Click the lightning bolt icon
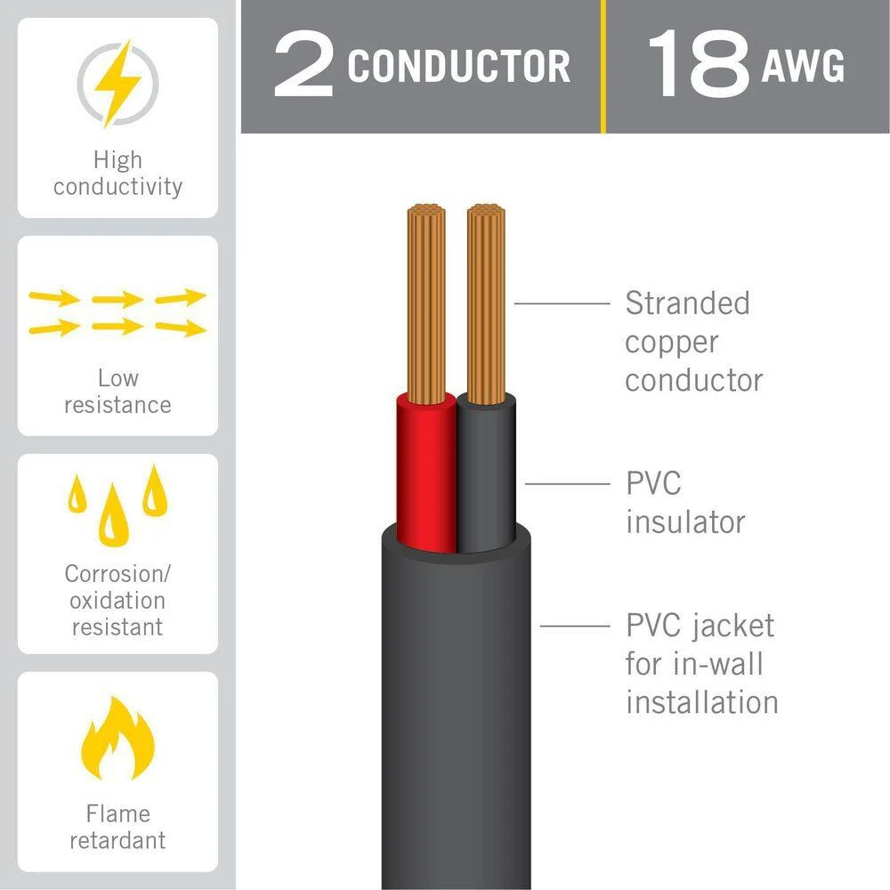click(x=117, y=82)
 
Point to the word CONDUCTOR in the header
click(x=458, y=68)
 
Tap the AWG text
click(x=803, y=68)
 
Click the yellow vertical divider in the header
click(x=603, y=67)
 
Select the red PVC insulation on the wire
click(x=425, y=472)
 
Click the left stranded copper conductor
click(x=425, y=303)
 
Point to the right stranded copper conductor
click(x=486, y=303)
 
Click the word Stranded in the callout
click(x=687, y=303)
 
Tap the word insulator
click(x=684, y=522)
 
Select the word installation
click(x=701, y=702)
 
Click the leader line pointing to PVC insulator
click(x=566, y=484)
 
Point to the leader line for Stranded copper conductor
click(x=561, y=303)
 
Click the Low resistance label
click(x=117, y=392)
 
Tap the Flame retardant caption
click(x=117, y=827)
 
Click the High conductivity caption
click(x=117, y=174)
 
